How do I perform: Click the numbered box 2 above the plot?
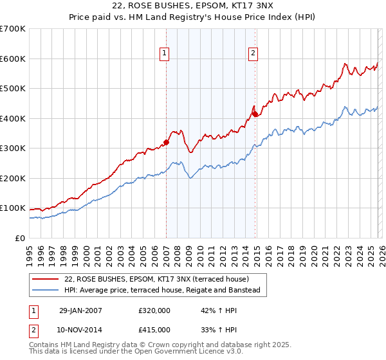pyautogui.click(x=253, y=53)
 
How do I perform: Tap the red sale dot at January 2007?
pyautogui.click(x=166, y=142)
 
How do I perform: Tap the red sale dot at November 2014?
pyautogui.click(x=255, y=114)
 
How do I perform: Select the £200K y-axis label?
pyautogui.click(x=13, y=178)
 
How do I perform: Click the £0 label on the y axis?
pyautogui.click(x=19, y=238)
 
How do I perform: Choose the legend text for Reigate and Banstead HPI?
pyautogui.click(x=161, y=291)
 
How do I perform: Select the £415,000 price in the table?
pyautogui.click(x=154, y=330)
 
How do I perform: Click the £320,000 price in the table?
pyautogui.click(x=154, y=310)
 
